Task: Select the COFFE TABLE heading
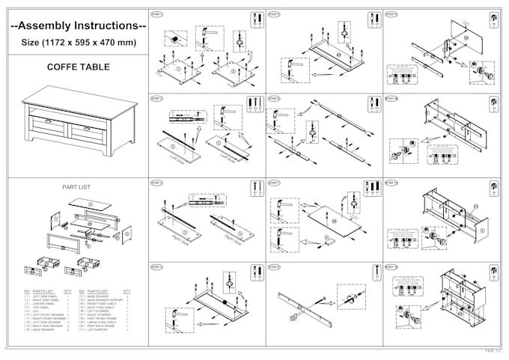(x=78, y=67)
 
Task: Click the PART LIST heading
(x=77, y=187)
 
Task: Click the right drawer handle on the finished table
(x=88, y=129)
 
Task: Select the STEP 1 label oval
(x=156, y=14)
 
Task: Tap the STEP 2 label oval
(x=156, y=98)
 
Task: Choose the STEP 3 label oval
(x=156, y=183)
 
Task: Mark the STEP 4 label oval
(x=156, y=267)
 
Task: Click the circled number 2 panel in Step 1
(x=233, y=71)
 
